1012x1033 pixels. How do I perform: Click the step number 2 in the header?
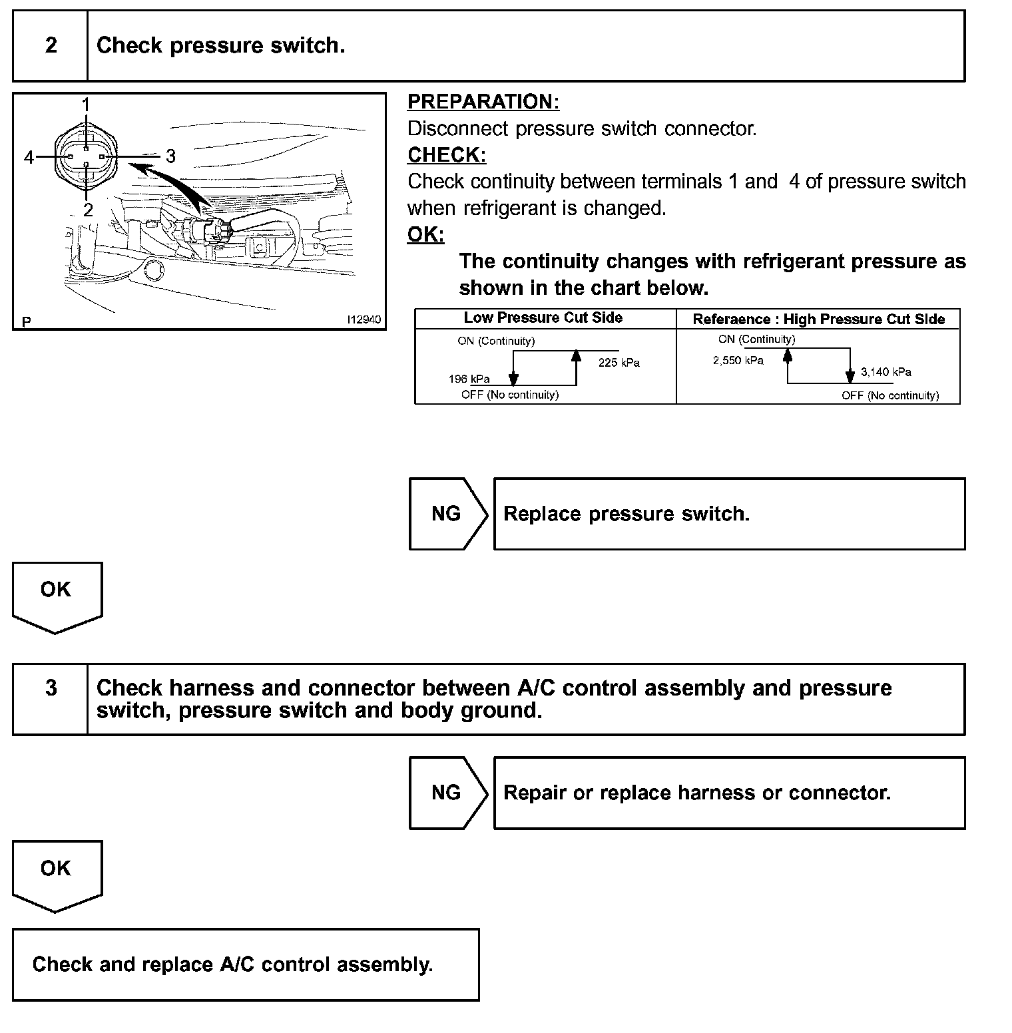point(51,45)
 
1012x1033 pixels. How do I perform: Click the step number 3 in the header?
point(51,688)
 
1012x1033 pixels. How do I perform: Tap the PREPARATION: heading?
point(483,102)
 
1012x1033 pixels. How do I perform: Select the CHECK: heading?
point(447,155)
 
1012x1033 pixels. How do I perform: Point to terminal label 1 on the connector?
point(86,104)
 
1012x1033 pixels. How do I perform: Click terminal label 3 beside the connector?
point(170,156)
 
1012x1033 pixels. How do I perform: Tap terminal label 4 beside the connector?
point(29,157)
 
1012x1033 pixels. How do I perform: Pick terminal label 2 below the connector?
point(88,210)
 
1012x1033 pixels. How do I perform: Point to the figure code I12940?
point(364,320)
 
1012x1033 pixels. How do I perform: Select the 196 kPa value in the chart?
point(469,379)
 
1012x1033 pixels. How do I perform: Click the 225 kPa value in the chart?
point(619,363)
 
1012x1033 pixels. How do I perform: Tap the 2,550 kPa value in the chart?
point(738,361)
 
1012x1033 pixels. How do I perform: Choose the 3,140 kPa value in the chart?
point(885,372)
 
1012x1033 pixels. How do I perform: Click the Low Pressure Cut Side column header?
point(543,318)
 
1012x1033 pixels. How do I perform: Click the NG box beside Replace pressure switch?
point(447,514)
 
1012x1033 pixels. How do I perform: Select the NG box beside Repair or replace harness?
point(447,793)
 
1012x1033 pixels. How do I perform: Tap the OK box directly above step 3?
point(56,590)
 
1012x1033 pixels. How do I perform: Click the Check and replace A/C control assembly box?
point(246,964)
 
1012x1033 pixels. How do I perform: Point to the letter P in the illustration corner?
point(27,322)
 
